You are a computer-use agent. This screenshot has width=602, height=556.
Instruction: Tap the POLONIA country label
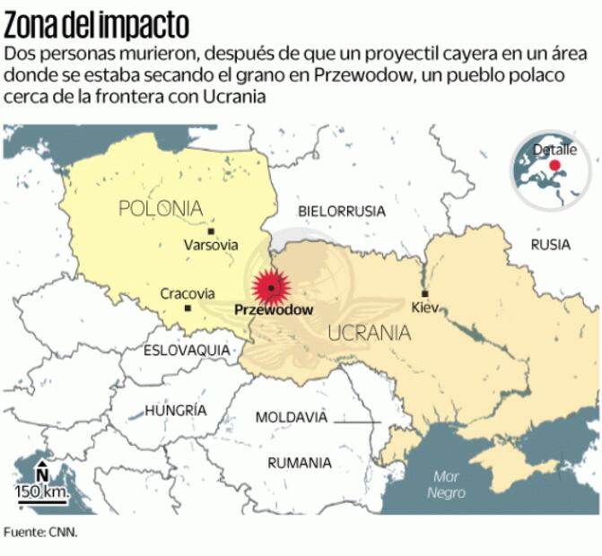[161, 209]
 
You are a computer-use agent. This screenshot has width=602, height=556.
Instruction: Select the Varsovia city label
[211, 244]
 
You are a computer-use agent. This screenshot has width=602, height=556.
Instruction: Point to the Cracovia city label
[188, 293]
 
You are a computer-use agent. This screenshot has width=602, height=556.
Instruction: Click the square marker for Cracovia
[188, 308]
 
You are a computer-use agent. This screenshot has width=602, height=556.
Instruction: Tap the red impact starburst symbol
[271, 287]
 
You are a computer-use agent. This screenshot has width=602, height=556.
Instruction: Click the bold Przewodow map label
[274, 309]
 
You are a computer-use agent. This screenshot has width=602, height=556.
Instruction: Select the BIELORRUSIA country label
[342, 212]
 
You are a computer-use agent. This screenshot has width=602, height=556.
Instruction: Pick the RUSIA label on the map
[550, 244]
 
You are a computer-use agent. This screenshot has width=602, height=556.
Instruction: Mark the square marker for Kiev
[425, 293]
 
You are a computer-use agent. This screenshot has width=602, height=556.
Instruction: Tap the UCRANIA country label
[370, 334]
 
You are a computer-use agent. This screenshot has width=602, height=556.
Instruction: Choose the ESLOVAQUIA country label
[187, 350]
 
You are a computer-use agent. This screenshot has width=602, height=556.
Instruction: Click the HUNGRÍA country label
[176, 410]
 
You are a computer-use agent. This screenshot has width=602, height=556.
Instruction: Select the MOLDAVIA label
[292, 417]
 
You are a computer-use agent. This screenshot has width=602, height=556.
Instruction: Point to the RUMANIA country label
[300, 463]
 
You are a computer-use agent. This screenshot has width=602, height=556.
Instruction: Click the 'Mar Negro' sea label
[446, 485]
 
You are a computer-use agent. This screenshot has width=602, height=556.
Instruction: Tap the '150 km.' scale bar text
[41, 491]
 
